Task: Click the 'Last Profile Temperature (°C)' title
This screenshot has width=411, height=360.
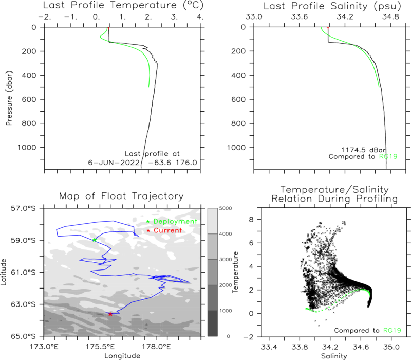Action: pyautogui.click(x=123, y=6)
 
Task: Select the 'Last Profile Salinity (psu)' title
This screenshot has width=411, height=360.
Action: pyautogui.click(x=332, y=6)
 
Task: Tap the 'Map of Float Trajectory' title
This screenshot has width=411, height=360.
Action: pyautogui.click(x=121, y=196)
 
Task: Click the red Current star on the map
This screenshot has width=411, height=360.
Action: pyautogui.click(x=110, y=314)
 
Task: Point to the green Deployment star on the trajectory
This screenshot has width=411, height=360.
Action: pyautogui.click(x=95, y=240)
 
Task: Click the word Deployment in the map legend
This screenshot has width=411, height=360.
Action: pyautogui.click(x=175, y=222)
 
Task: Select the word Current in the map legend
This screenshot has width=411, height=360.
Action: pyautogui.click(x=168, y=230)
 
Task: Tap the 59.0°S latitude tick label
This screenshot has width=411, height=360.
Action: pyautogui.click(x=23, y=240)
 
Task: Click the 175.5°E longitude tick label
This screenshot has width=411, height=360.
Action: pyautogui.click(x=100, y=347)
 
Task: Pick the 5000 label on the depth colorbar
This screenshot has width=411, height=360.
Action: pyautogui.click(x=226, y=208)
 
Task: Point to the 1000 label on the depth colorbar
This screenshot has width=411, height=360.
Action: pyautogui.click(x=226, y=311)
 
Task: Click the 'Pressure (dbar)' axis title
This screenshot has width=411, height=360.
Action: pyautogui.click(x=9, y=98)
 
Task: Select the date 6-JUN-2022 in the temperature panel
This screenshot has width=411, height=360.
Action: pyautogui.click(x=114, y=163)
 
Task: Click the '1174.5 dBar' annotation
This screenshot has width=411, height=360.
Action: pyautogui.click(x=363, y=150)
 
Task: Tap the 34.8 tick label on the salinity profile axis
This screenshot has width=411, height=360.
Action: pyautogui.click(x=390, y=17)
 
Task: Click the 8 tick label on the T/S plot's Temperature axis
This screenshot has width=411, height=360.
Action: pyautogui.click(x=251, y=220)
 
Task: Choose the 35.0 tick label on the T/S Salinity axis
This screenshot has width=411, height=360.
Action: pyautogui.click(x=391, y=347)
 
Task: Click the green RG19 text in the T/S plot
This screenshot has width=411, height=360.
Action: pyautogui.click(x=392, y=330)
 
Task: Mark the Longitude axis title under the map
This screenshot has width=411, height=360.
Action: pyautogui.click(x=122, y=356)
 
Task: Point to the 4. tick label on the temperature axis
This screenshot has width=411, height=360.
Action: pyautogui.click(x=200, y=17)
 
